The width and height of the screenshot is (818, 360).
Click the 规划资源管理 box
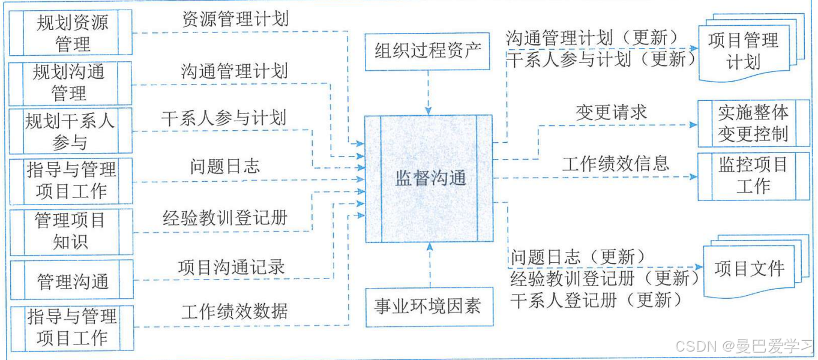71,32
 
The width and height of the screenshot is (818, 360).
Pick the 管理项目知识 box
70,230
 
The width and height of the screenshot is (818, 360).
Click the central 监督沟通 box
429,178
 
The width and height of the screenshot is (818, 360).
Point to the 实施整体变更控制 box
753,123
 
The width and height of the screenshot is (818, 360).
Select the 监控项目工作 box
753,175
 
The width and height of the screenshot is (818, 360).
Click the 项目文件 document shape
750,269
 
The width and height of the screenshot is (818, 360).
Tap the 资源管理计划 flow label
235,19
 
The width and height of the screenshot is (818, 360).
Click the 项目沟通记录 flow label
231,268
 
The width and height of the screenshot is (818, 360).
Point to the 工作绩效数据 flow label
235,311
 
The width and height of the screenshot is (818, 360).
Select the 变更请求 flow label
612,112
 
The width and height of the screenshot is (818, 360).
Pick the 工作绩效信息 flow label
616,163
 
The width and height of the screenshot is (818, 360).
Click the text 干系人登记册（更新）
597,299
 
